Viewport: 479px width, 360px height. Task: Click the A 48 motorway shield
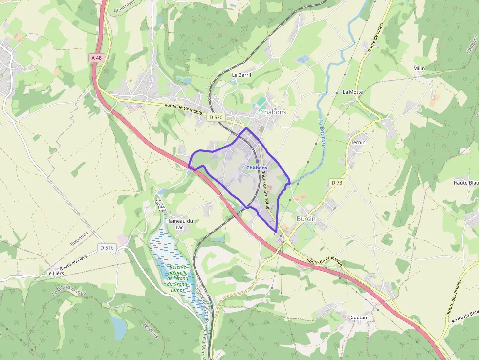97,58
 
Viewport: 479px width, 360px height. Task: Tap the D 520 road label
216,117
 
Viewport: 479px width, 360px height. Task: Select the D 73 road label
336,183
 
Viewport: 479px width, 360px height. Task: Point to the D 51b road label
107,248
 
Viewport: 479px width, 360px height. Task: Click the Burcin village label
306,219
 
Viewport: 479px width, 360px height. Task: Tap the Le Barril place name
241,75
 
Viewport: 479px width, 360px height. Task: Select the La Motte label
352,92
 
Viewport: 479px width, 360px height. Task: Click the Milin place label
419,68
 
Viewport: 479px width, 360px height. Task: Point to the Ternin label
358,142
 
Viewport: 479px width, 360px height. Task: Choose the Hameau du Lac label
179,224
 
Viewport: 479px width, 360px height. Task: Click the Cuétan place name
359,318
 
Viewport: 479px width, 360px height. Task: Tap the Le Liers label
55,273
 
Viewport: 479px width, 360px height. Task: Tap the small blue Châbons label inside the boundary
257,168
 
